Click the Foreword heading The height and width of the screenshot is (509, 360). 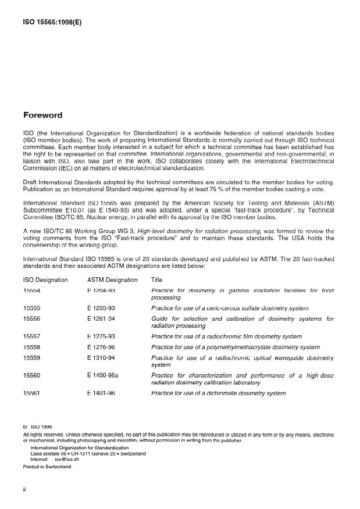coord(42,115)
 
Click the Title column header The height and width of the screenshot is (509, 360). coord(156,280)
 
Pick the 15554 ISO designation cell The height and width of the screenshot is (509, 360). coord(31,290)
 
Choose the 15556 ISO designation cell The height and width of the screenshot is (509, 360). coord(31,319)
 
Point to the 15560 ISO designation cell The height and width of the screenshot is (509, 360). coord(31,375)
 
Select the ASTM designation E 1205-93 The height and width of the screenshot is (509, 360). coord(101,307)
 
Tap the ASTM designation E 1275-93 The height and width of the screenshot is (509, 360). coord(101,336)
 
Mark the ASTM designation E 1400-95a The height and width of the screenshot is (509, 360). coord(103,375)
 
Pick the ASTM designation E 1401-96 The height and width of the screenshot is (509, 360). coord(101,393)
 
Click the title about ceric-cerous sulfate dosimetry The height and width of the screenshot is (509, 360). coord(230,307)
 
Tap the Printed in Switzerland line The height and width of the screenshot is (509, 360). coord(47,466)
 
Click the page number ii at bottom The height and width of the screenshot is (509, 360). coord(24,490)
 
